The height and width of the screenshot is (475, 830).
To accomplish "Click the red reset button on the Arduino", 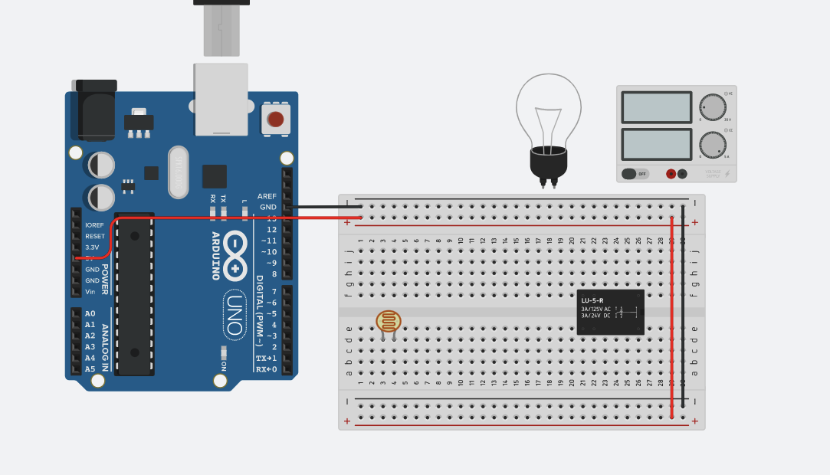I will [275, 120].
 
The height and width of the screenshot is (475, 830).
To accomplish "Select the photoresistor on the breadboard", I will [388, 320].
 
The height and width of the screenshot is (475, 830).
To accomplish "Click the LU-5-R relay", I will [611, 312].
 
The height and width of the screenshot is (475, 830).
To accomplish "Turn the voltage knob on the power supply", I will [713, 106].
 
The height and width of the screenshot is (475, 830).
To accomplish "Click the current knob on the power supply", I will [713, 145].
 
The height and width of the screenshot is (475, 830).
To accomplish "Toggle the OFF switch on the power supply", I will [635, 174].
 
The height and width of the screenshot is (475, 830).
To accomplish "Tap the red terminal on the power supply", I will [671, 174].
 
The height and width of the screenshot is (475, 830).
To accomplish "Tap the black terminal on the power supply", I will [682, 174].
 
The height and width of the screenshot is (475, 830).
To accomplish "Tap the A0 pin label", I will [90, 313].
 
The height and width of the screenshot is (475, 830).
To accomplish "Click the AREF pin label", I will [267, 196].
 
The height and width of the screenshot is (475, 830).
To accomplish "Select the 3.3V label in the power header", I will [92, 247].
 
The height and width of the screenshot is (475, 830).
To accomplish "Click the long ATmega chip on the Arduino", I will [134, 294].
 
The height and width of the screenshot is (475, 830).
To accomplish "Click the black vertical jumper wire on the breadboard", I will [683, 306].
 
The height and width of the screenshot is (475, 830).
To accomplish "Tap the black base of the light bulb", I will [549, 162].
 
